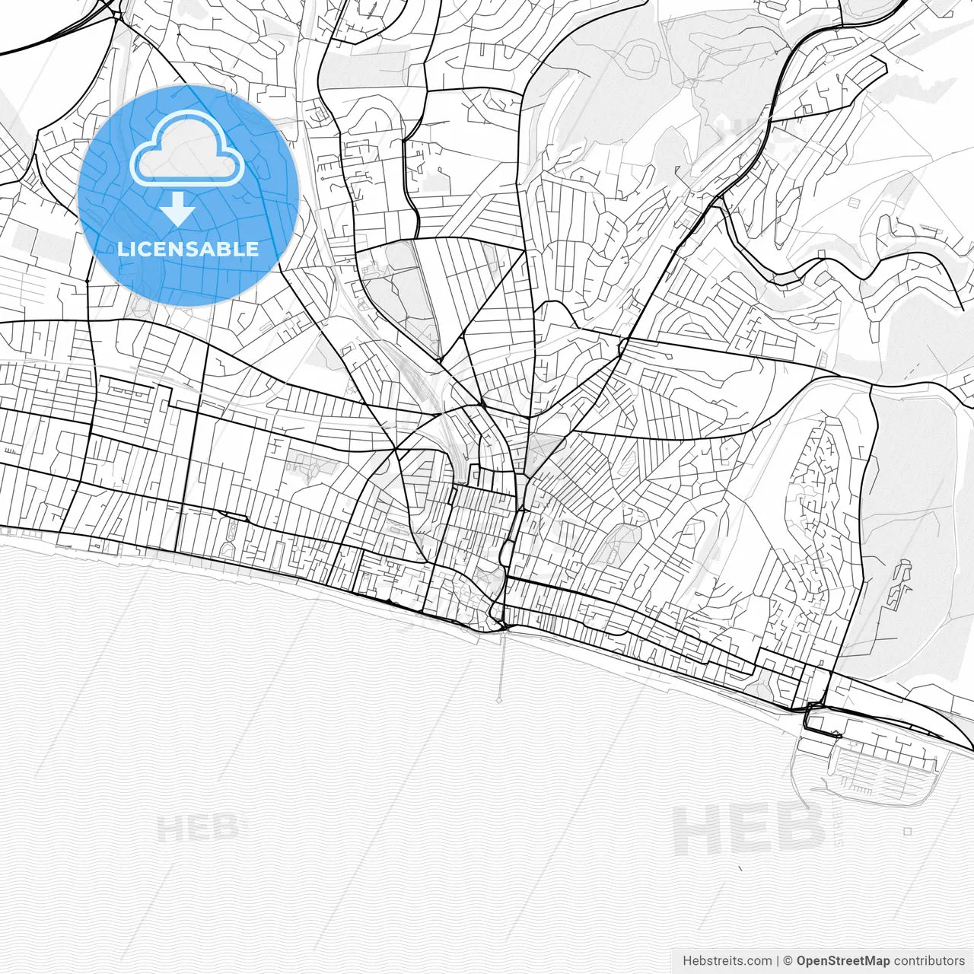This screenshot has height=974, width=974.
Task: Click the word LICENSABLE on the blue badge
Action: pyautogui.click(x=188, y=249)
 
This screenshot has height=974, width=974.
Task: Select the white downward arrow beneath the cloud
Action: pyautogui.click(x=177, y=208)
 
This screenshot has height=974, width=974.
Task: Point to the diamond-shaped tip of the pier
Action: pyautogui.click(x=500, y=699)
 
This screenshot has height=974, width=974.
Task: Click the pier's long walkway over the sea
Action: pyautogui.click(x=501, y=662)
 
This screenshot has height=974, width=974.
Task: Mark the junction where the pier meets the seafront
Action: pyautogui.click(x=503, y=629)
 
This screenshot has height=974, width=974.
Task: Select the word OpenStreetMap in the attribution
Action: pyautogui.click(x=843, y=961)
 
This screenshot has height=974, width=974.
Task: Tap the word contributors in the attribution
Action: pyautogui.click(x=929, y=961)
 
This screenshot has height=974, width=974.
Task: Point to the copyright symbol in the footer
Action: pyautogui.click(x=788, y=961)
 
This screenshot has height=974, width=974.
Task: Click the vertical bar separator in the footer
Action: pyautogui.click(x=778, y=961)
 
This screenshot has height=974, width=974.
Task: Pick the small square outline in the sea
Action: pyautogui.click(x=908, y=831)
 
